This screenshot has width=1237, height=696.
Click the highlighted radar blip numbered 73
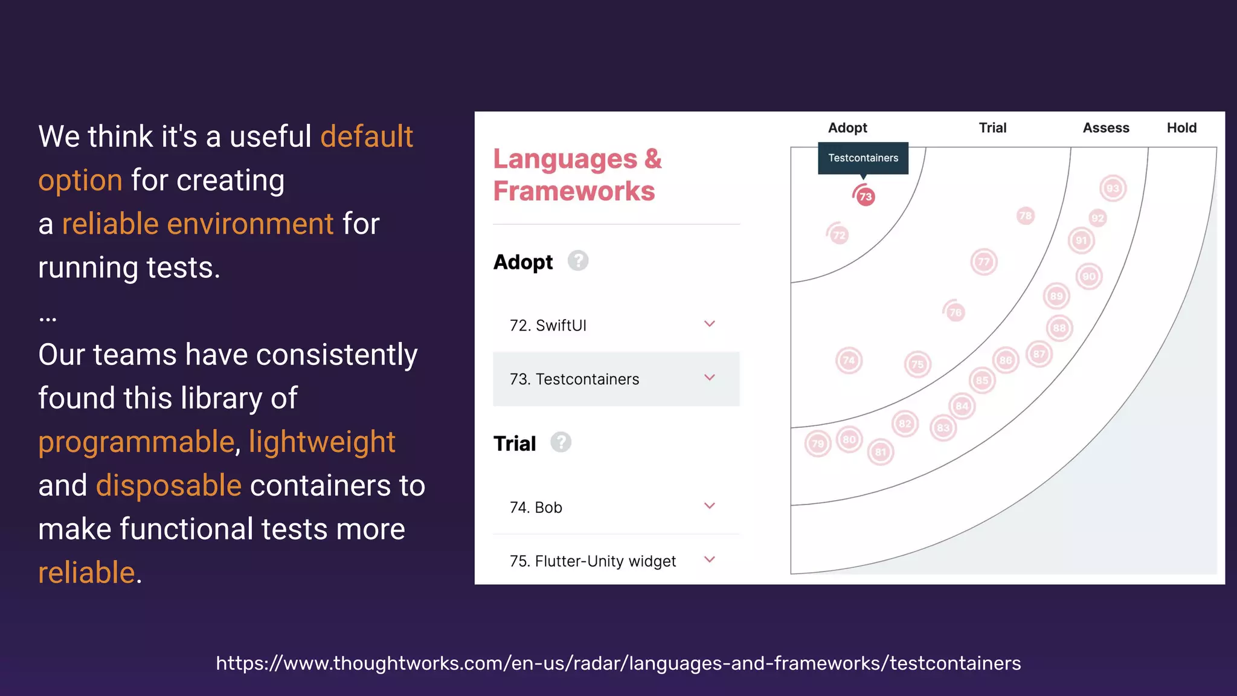pyautogui.click(x=866, y=196)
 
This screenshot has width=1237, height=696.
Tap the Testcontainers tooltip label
pyautogui.click(x=863, y=158)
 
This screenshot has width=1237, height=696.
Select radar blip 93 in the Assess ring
pyautogui.click(x=1113, y=188)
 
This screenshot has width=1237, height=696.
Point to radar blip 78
pyautogui.click(x=1025, y=216)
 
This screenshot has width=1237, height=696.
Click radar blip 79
pyautogui.click(x=818, y=443)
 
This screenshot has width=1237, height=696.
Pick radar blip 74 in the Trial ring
pyautogui.click(x=849, y=361)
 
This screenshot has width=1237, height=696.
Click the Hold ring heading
pyautogui.click(x=1181, y=127)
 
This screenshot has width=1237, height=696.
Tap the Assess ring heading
pyautogui.click(x=1105, y=127)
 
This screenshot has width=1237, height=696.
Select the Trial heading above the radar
pyautogui.click(x=992, y=127)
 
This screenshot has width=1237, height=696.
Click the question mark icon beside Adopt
pyautogui.click(x=578, y=261)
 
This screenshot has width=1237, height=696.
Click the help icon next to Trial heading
pyautogui.click(x=561, y=442)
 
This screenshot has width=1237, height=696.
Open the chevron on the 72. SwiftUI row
pyautogui.click(x=710, y=324)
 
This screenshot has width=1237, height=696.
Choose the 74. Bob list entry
pyautogui.click(x=536, y=507)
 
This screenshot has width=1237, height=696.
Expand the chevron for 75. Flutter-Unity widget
pyautogui.click(x=710, y=559)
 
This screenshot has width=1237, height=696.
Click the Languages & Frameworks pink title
pyautogui.click(x=577, y=175)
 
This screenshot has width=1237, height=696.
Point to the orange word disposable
pyautogui.click(x=169, y=485)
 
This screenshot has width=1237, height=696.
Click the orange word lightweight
pyautogui.click(x=322, y=442)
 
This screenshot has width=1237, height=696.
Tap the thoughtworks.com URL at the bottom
pyautogui.click(x=618, y=663)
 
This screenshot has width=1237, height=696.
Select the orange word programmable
pyautogui.click(x=136, y=442)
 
